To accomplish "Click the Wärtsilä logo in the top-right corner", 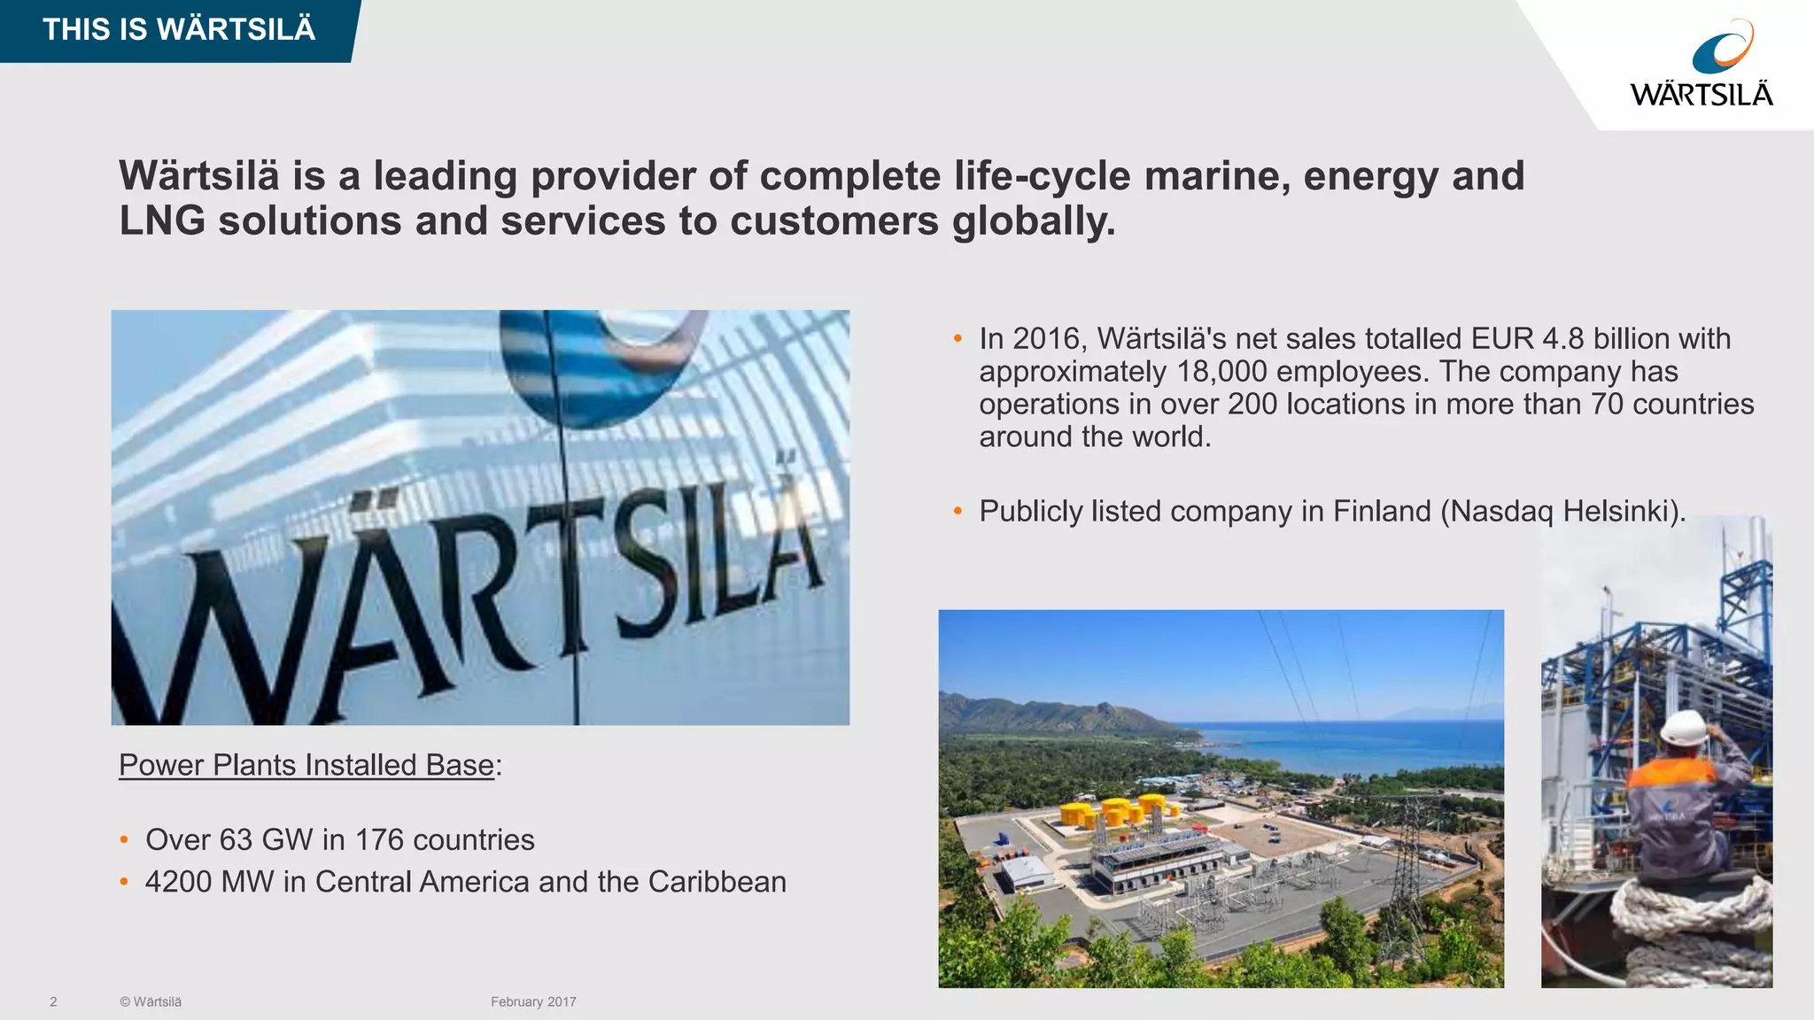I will tap(1702, 64).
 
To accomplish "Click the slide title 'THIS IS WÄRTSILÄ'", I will tap(179, 29).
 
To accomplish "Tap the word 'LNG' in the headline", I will tap(162, 221).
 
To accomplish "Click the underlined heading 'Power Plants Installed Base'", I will tap(306, 765).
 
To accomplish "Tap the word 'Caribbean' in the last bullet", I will tap(717, 882).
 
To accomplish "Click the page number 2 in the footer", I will tap(53, 1002).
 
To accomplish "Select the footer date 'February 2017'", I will tap(533, 1002).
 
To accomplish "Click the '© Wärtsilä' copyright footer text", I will tap(151, 1002).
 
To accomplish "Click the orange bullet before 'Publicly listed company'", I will tap(957, 512).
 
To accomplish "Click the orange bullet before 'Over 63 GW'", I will tap(124, 839).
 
